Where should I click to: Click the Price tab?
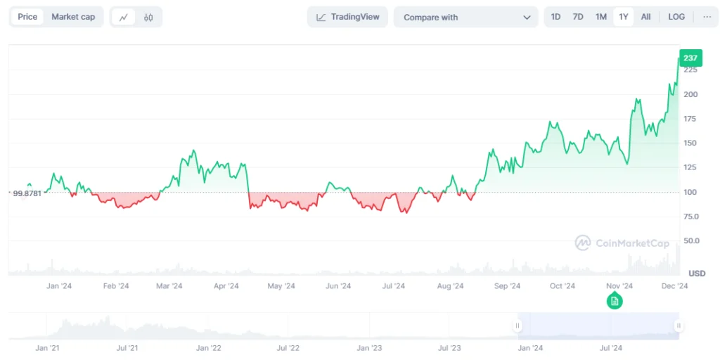pos(27,17)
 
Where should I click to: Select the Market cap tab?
pos(73,17)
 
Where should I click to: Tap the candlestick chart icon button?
pos(148,18)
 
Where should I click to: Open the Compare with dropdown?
pos(466,18)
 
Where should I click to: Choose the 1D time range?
pos(555,17)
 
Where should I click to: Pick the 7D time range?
pos(578,17)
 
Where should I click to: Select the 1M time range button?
pos(600,17)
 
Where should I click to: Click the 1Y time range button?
pos(623,17)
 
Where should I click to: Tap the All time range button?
pos(645,17)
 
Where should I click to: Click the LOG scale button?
pos(676,17)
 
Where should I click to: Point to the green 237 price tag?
pos(690,58)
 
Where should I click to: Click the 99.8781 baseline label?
pos(27,193)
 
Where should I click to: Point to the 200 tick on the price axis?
pos(690,94)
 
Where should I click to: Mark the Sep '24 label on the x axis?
pos(507,286)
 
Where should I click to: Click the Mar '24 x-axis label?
pos(169,286)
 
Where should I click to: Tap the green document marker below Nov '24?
pos(615,301)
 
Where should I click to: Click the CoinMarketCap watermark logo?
pos(582,243)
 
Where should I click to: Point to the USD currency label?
pos(696,274)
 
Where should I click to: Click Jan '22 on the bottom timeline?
pos(208,348)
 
